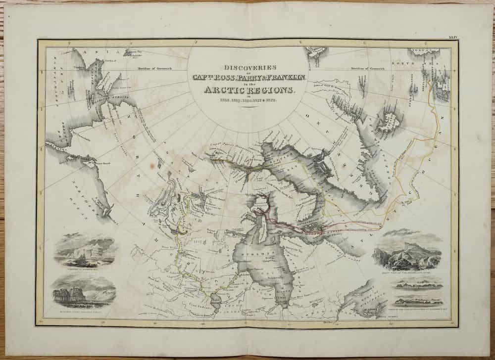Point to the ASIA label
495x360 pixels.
101,50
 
